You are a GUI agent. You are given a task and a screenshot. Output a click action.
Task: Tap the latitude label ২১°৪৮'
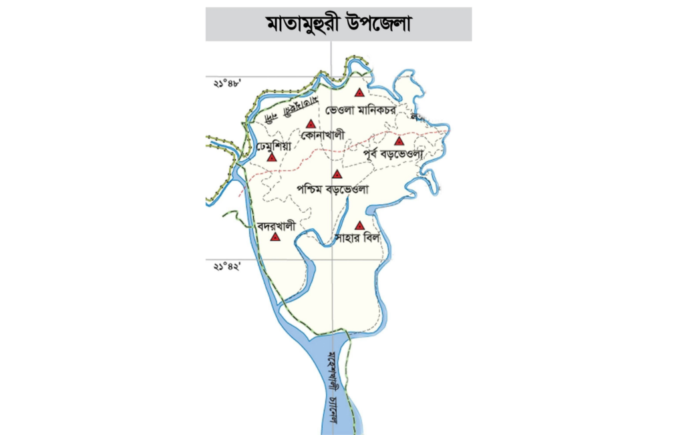tap(226, 83)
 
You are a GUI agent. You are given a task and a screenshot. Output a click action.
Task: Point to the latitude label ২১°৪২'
tap(226, 266)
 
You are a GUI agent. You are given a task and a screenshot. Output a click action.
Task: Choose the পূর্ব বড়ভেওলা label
tap(393, 155)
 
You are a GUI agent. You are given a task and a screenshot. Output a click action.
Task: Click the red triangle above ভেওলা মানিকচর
tap(360, 93)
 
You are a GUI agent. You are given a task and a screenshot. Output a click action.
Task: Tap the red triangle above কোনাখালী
tap(311, 123)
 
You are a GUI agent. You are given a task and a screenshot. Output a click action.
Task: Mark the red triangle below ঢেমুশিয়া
tap(271, 157)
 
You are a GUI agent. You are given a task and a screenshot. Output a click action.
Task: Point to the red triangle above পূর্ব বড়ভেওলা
tap(399, 141)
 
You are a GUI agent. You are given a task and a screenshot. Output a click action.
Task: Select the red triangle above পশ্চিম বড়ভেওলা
tap(337, 174)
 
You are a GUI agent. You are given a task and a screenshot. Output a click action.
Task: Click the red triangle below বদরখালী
tap(275, 236)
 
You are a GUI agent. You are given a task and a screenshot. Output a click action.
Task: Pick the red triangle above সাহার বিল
tap(359, 225)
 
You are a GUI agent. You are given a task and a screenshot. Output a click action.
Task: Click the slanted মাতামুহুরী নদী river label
tap(287, 109)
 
